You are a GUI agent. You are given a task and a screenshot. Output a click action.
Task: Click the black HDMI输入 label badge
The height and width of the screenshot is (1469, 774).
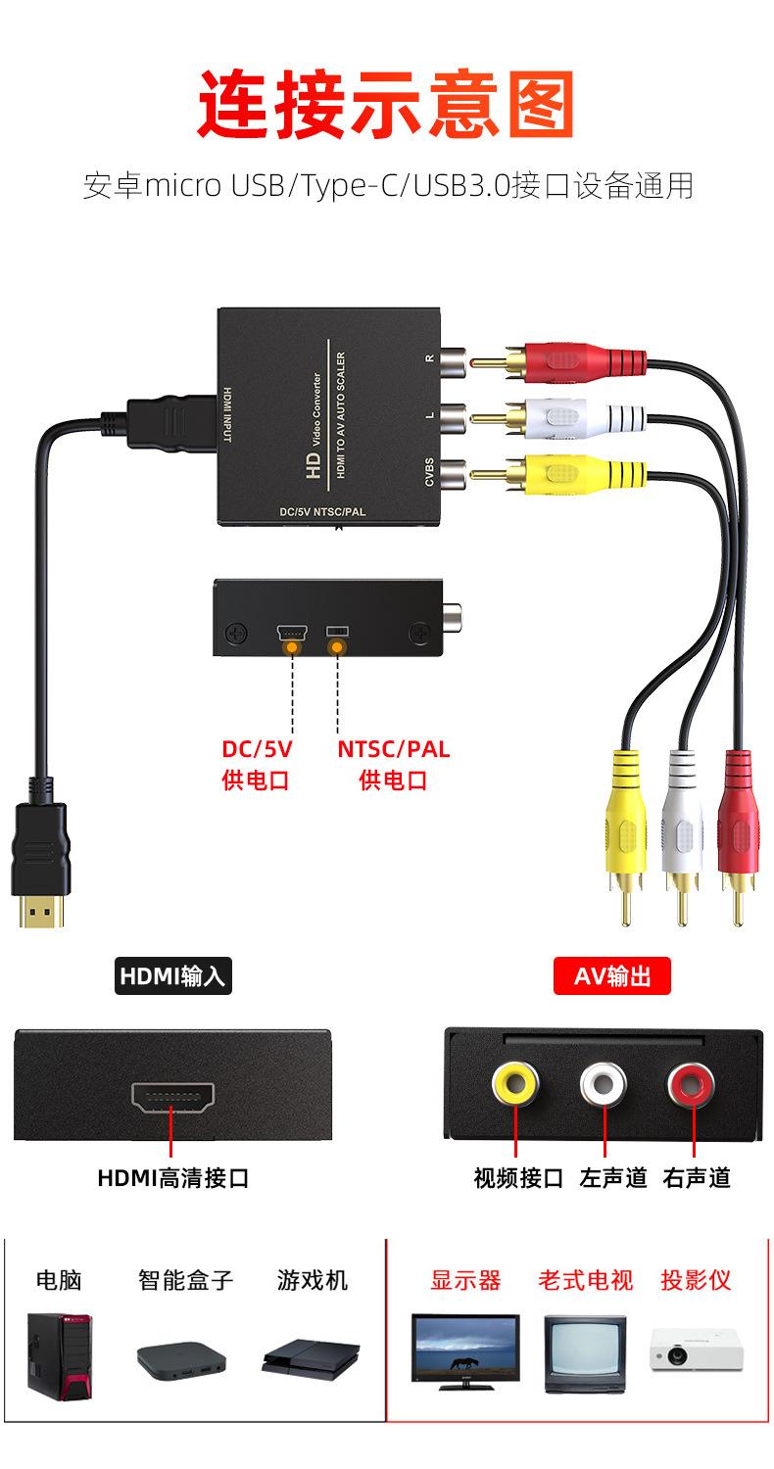(172, 976)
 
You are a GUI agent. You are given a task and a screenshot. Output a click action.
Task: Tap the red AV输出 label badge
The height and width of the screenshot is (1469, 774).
(611, 976)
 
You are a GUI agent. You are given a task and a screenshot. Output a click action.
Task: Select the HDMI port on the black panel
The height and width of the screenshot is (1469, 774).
(172, 1099)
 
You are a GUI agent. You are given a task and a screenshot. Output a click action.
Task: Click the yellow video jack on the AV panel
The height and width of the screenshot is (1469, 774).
(515, 1083)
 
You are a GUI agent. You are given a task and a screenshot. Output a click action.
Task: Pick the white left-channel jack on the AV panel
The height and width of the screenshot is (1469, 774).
(603, 1083)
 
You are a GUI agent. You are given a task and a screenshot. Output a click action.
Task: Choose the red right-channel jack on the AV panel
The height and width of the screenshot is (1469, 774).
(691, 1083)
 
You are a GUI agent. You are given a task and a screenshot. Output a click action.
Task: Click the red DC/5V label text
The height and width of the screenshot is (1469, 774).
(257, 750)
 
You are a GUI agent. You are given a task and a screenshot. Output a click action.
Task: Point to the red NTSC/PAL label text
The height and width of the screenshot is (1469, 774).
(394, 750)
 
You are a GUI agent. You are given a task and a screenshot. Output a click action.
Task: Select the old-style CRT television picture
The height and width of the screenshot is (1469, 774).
(585, 1354)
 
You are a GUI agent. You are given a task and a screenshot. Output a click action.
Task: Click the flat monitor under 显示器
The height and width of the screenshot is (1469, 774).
(465, 1351)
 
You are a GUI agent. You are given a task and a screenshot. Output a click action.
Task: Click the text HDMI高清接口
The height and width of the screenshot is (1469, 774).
(172, 1177)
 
